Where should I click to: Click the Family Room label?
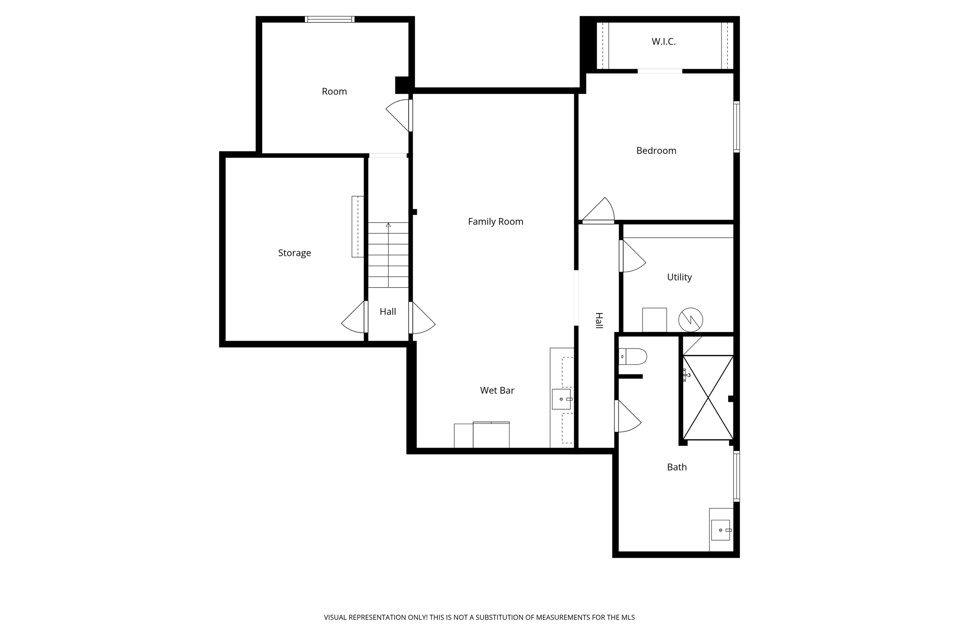(495, 222)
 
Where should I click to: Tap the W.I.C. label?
(664, 42)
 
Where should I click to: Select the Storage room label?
(294, 253)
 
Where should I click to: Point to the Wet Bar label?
(497, 391)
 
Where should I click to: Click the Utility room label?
(679, 277)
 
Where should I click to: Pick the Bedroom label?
(656, 151)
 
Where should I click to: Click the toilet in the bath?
(633, 356)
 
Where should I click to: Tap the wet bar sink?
(561, 399)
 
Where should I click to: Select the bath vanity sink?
(721, 530)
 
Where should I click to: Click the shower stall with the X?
(708, 398)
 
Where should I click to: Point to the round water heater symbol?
(691, 320)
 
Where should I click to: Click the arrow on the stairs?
(388, 225)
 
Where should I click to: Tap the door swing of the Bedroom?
(599, 211)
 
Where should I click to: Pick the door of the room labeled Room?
(399, 115)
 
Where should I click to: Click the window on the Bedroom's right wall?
(736, 126)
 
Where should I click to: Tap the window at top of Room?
(330, 20)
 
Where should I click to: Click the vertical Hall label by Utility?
(599, 320)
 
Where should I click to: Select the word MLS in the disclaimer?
(628, 617)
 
